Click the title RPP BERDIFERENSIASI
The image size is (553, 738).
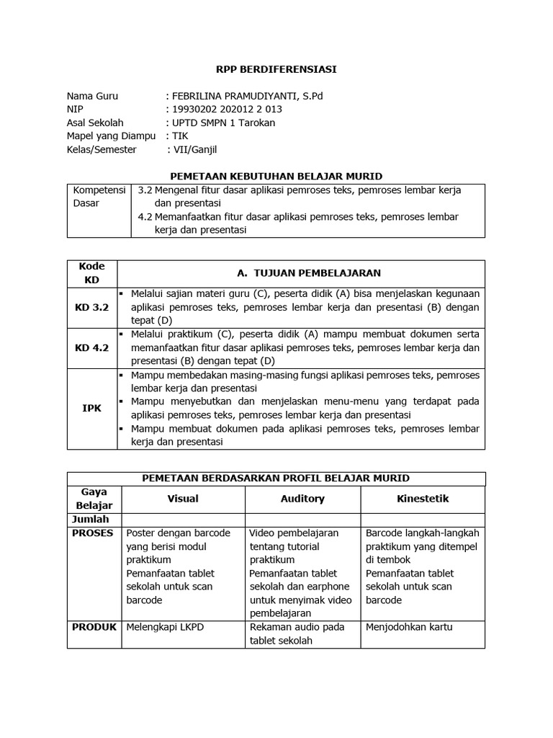[276, 70]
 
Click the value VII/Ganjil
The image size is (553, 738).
[194, 149]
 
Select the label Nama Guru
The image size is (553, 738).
[92, 96]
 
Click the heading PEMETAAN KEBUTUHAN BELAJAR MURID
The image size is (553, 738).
[276, 176]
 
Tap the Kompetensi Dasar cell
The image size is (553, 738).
[99, 197]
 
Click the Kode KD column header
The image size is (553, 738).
[91, 272]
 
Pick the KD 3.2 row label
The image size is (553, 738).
[91, 307]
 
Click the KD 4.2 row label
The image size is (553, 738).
[91, 348]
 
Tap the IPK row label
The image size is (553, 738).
[91, 408]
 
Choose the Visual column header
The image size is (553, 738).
[183, 499]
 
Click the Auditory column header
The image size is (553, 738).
[302, 499]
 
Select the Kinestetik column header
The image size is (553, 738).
[423, 499]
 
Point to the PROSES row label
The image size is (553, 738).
[92, 533]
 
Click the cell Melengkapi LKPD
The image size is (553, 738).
[166, 627]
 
